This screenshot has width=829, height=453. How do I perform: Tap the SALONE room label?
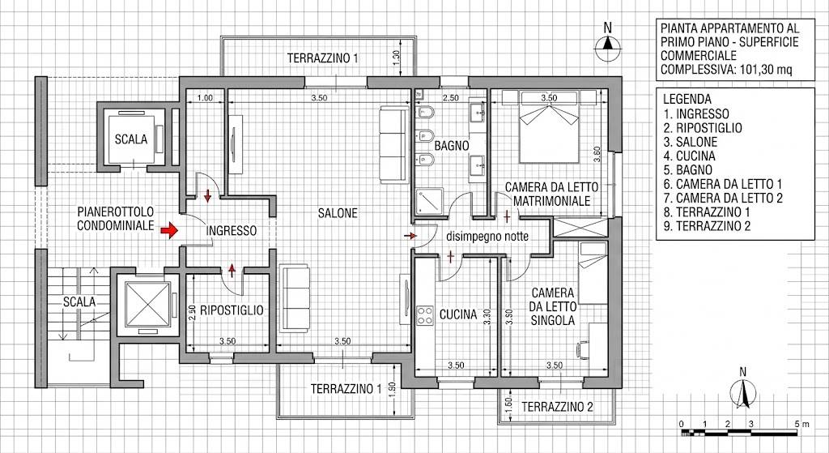coord(338,213)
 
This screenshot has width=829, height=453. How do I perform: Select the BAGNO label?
coord(452,146)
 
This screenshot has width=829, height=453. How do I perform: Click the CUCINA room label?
coord(458,314)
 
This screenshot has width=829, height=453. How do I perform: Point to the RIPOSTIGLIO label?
coord(231,310)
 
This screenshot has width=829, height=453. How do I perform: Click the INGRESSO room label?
coord(231,231)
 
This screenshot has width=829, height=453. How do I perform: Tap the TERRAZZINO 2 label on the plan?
coord(557,407)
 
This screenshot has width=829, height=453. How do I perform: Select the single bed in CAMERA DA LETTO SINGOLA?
coord(592,273)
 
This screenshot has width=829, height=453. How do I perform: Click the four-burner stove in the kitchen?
coord(424,315)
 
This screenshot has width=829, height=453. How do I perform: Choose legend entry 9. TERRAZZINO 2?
coord(708,227)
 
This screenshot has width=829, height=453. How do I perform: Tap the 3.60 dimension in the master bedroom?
coord(597,154)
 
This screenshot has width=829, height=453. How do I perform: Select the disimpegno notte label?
coord(487,237)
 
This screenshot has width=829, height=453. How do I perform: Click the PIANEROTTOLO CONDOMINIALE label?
coord(116,219)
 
